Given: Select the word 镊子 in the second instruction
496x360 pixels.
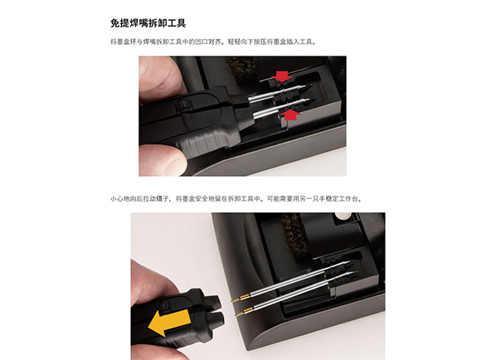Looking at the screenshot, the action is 163,199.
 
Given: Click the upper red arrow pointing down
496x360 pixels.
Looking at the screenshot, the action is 282,76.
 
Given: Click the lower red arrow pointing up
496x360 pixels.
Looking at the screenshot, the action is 290,114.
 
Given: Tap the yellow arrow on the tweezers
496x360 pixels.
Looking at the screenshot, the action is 169,322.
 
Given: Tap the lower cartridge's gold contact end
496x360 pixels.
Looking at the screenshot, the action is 242,312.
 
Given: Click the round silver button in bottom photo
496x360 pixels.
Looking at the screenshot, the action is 342,216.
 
